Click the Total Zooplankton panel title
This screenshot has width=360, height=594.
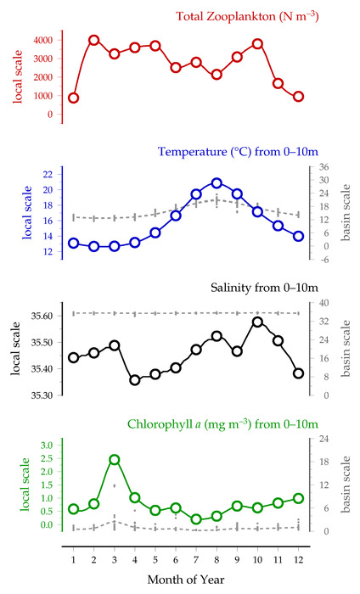point(247,16)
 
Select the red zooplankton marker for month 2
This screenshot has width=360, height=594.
point(94,40)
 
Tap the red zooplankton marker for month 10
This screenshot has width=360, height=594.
point(257,44)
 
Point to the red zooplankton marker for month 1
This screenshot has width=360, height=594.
point(74,98)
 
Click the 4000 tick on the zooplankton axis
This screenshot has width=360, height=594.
point(42,40)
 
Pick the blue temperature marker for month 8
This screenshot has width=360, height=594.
point(217,183)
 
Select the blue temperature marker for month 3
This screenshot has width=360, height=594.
point(115,247)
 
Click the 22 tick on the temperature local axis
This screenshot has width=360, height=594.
point(48,174)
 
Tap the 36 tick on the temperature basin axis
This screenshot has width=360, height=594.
point(323,167)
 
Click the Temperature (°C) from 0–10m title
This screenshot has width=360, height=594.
point(238,152)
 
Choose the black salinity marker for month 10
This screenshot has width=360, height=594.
point(257,322)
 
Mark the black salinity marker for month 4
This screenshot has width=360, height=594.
point(135,380)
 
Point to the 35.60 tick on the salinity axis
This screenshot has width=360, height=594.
point(42,316)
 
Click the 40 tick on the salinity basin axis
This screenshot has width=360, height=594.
point(323,303)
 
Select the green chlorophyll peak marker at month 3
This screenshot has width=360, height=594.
point(115,460)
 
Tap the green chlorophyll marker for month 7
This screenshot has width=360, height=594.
point(196,519)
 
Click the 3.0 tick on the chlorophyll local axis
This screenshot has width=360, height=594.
point(47,445)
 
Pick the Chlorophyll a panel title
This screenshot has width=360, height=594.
point(222,424)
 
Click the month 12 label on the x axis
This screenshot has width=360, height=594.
point(299,559)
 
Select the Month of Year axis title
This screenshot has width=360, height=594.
point(186,580)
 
